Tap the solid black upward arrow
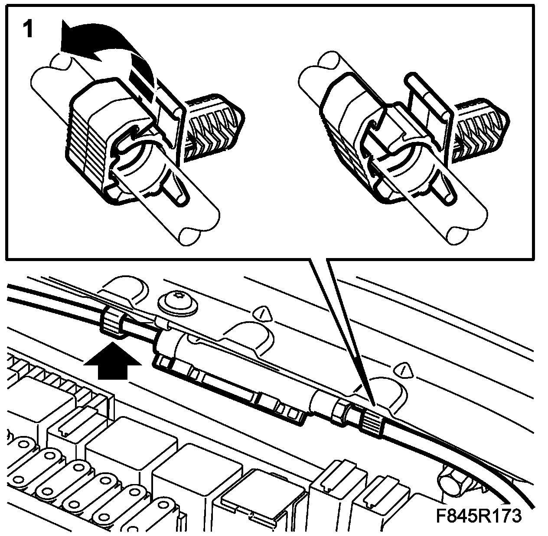click(x=113, y=361)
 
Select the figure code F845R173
click(x=479, y=516)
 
